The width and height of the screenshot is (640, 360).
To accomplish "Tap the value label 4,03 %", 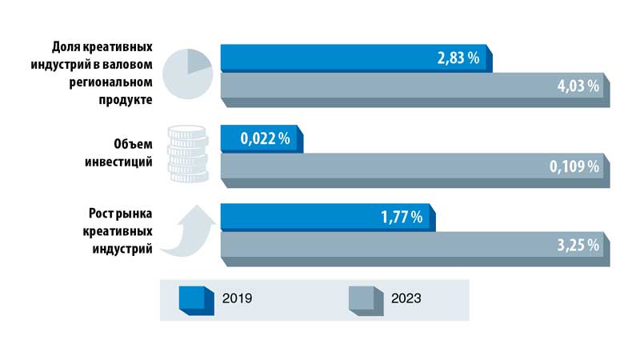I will coord(578,86).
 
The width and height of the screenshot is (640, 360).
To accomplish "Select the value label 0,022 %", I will coord(266,139).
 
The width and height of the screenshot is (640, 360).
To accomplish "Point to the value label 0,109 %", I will coord(574,167).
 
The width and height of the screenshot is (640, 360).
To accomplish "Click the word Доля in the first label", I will coord(65,47).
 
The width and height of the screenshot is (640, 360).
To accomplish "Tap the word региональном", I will coord(109,82).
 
